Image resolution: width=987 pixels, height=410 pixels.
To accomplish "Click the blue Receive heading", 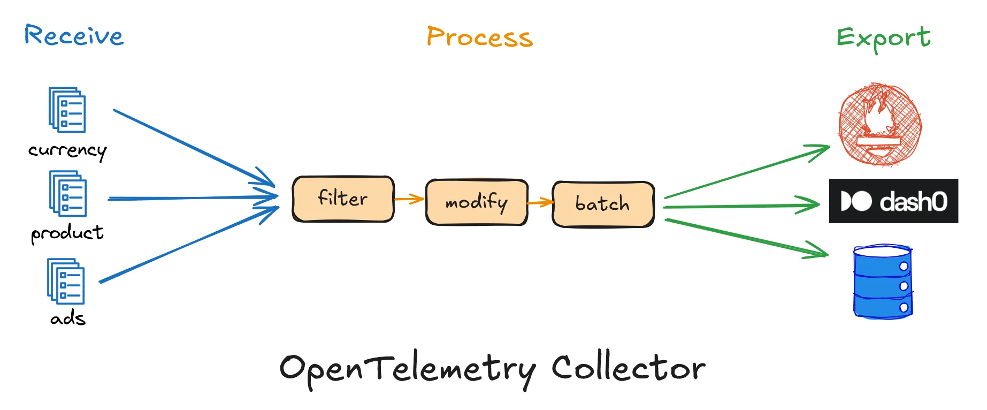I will [x=74, y=36].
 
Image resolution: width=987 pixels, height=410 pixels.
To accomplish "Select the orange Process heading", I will [x=479, y=37].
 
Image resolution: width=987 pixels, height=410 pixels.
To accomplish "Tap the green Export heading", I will [x=883, y=38].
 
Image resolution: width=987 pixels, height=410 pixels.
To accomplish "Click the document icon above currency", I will [x=67, y=110].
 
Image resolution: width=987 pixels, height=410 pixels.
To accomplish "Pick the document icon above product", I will [x=68, y=193].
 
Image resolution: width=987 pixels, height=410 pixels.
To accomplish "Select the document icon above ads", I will [x=66, y=281].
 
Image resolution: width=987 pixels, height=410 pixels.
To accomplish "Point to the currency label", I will [x=67, y=150].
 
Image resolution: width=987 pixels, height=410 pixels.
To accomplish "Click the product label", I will [x=67, y=233].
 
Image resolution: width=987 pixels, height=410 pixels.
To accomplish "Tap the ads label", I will [x=68, y=318].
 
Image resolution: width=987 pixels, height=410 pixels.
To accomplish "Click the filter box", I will [x=343, y=199].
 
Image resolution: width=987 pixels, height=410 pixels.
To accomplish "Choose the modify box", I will [x=476, y=202].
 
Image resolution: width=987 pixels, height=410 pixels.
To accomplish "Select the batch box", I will [x=603, y=204].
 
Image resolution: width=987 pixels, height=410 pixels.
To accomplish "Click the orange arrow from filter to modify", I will [x=409, y=199].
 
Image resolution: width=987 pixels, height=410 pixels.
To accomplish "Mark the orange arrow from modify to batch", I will [x=540, y=202].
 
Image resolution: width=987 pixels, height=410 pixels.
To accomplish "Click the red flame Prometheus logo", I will [x=880, y=124].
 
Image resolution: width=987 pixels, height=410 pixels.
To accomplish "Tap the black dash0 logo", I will [x=893, y=201].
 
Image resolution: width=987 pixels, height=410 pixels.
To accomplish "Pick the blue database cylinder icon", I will [x=883, y=282].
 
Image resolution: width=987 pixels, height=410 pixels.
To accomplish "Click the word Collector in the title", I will [x=629, y=368].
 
